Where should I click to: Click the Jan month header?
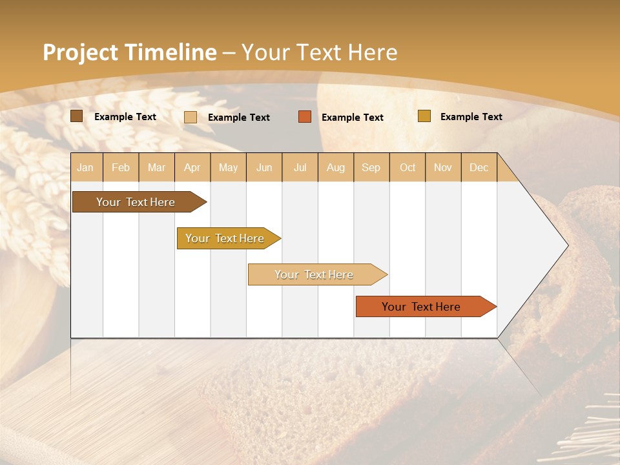tap(85, 167)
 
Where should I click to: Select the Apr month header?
tap(192, 167)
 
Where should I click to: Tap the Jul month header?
tap(300, 167)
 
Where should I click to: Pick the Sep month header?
tap(371, 167)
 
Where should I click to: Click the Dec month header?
tap(479, 167)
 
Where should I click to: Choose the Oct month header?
tap(407, 167)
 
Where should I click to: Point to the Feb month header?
tap(121, 167)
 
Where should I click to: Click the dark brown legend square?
tap(77, 116)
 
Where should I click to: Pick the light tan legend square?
tap(191, 117)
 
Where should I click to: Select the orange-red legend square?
tap(305, 117)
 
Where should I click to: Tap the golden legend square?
tap(424, 116)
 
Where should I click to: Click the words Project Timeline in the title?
tap(129, 52)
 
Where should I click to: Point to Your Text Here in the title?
tap(320, 52)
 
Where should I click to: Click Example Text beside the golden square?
tap(471, 117)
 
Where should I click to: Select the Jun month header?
tap(264, 167)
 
